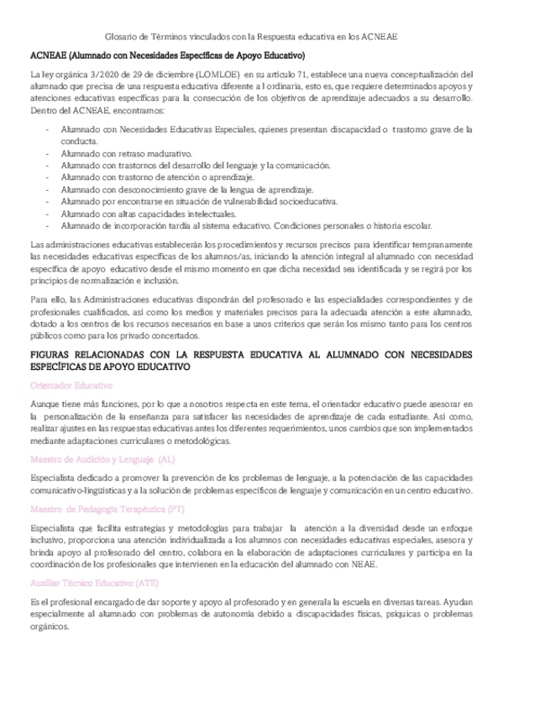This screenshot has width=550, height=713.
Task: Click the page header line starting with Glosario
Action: [x=251, y=37]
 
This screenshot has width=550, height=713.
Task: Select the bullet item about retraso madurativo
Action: [x=126, y=155]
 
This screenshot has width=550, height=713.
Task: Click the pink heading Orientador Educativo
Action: [x=71, y=385]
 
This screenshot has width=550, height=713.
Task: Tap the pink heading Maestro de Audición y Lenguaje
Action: [x=102, y=459]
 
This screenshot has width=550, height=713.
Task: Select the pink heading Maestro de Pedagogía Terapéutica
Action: [x=107, y=510]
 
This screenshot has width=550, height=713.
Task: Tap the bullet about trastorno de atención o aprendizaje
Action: [x=156, y=178]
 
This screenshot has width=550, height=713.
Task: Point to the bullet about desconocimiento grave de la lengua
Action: [x=186, y=190]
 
